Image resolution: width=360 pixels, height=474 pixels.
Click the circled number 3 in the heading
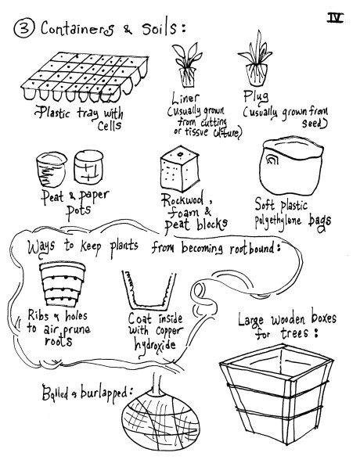point(24,29)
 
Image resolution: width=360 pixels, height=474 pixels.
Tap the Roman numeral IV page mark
point(335,18)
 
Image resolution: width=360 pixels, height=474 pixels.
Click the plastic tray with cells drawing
point(85,77)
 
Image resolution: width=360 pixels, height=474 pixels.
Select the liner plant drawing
point(187,64)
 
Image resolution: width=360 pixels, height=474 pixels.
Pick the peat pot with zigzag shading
point(51,170)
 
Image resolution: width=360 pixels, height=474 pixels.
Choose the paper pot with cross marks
point(88,167)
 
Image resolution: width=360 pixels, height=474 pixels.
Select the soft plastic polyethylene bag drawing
point(291,167)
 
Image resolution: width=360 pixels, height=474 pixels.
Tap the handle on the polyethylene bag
point(272,160)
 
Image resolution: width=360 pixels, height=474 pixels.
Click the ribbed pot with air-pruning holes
point(63,285)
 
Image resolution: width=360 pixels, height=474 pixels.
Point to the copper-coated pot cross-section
point(149,290)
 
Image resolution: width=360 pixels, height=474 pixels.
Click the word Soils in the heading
point(159,29)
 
